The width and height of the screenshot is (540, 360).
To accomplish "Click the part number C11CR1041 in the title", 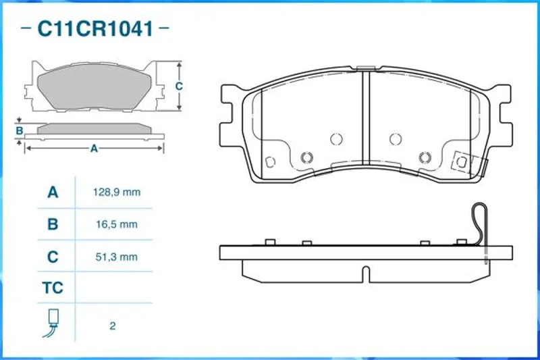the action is (95, 28).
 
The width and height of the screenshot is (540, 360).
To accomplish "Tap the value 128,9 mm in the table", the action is (117, 192).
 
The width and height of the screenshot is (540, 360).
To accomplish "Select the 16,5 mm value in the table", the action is (117, 224).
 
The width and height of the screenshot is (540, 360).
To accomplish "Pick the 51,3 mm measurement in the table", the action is (117, 257).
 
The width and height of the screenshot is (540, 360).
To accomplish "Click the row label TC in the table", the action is (53, 288).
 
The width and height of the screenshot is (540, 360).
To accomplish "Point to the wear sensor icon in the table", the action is (52, 323).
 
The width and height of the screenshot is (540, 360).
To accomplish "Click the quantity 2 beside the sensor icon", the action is (113, 326).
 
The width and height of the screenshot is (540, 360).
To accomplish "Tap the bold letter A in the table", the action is (53, 192).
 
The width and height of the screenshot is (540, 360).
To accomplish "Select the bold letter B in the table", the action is (53, 224).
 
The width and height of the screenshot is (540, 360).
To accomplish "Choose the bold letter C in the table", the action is (53, 257).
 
